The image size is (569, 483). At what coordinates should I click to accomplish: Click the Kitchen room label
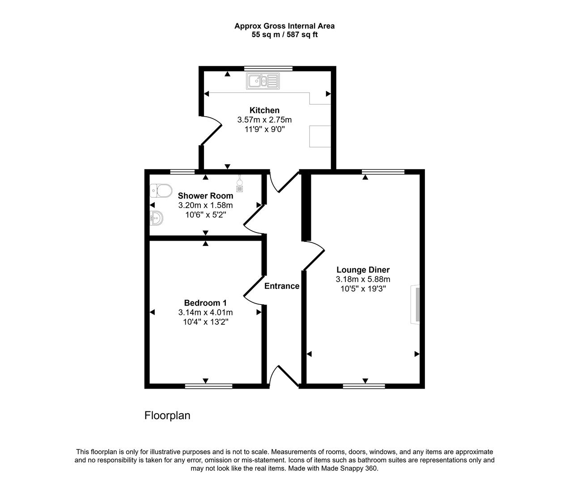click(x=264, y=110)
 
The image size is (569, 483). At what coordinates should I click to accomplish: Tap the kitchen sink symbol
click(x=263, y=81)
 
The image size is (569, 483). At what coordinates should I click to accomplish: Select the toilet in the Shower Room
click(x=161, y=191)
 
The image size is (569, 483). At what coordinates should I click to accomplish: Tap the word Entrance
click(x=282, y=286)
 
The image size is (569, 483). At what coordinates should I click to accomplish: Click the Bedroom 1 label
click(x=205, y=303)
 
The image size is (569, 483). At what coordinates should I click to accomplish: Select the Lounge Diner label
click(x=363, y=270)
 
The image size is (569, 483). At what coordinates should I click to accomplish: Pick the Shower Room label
click(x=205, y=195)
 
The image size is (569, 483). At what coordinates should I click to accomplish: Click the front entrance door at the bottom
click(x=283, y=376)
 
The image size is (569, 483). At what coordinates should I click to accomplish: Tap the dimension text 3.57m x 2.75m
click(x=264, y=120)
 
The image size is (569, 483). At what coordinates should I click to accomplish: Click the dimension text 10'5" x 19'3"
click(x=363, y=289)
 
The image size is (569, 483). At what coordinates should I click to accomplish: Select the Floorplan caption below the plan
click(x=167, y=415)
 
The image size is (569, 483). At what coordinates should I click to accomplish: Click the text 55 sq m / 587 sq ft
click(x=284, y=34)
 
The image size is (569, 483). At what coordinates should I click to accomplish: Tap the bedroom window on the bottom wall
click(x=208, y=386)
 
